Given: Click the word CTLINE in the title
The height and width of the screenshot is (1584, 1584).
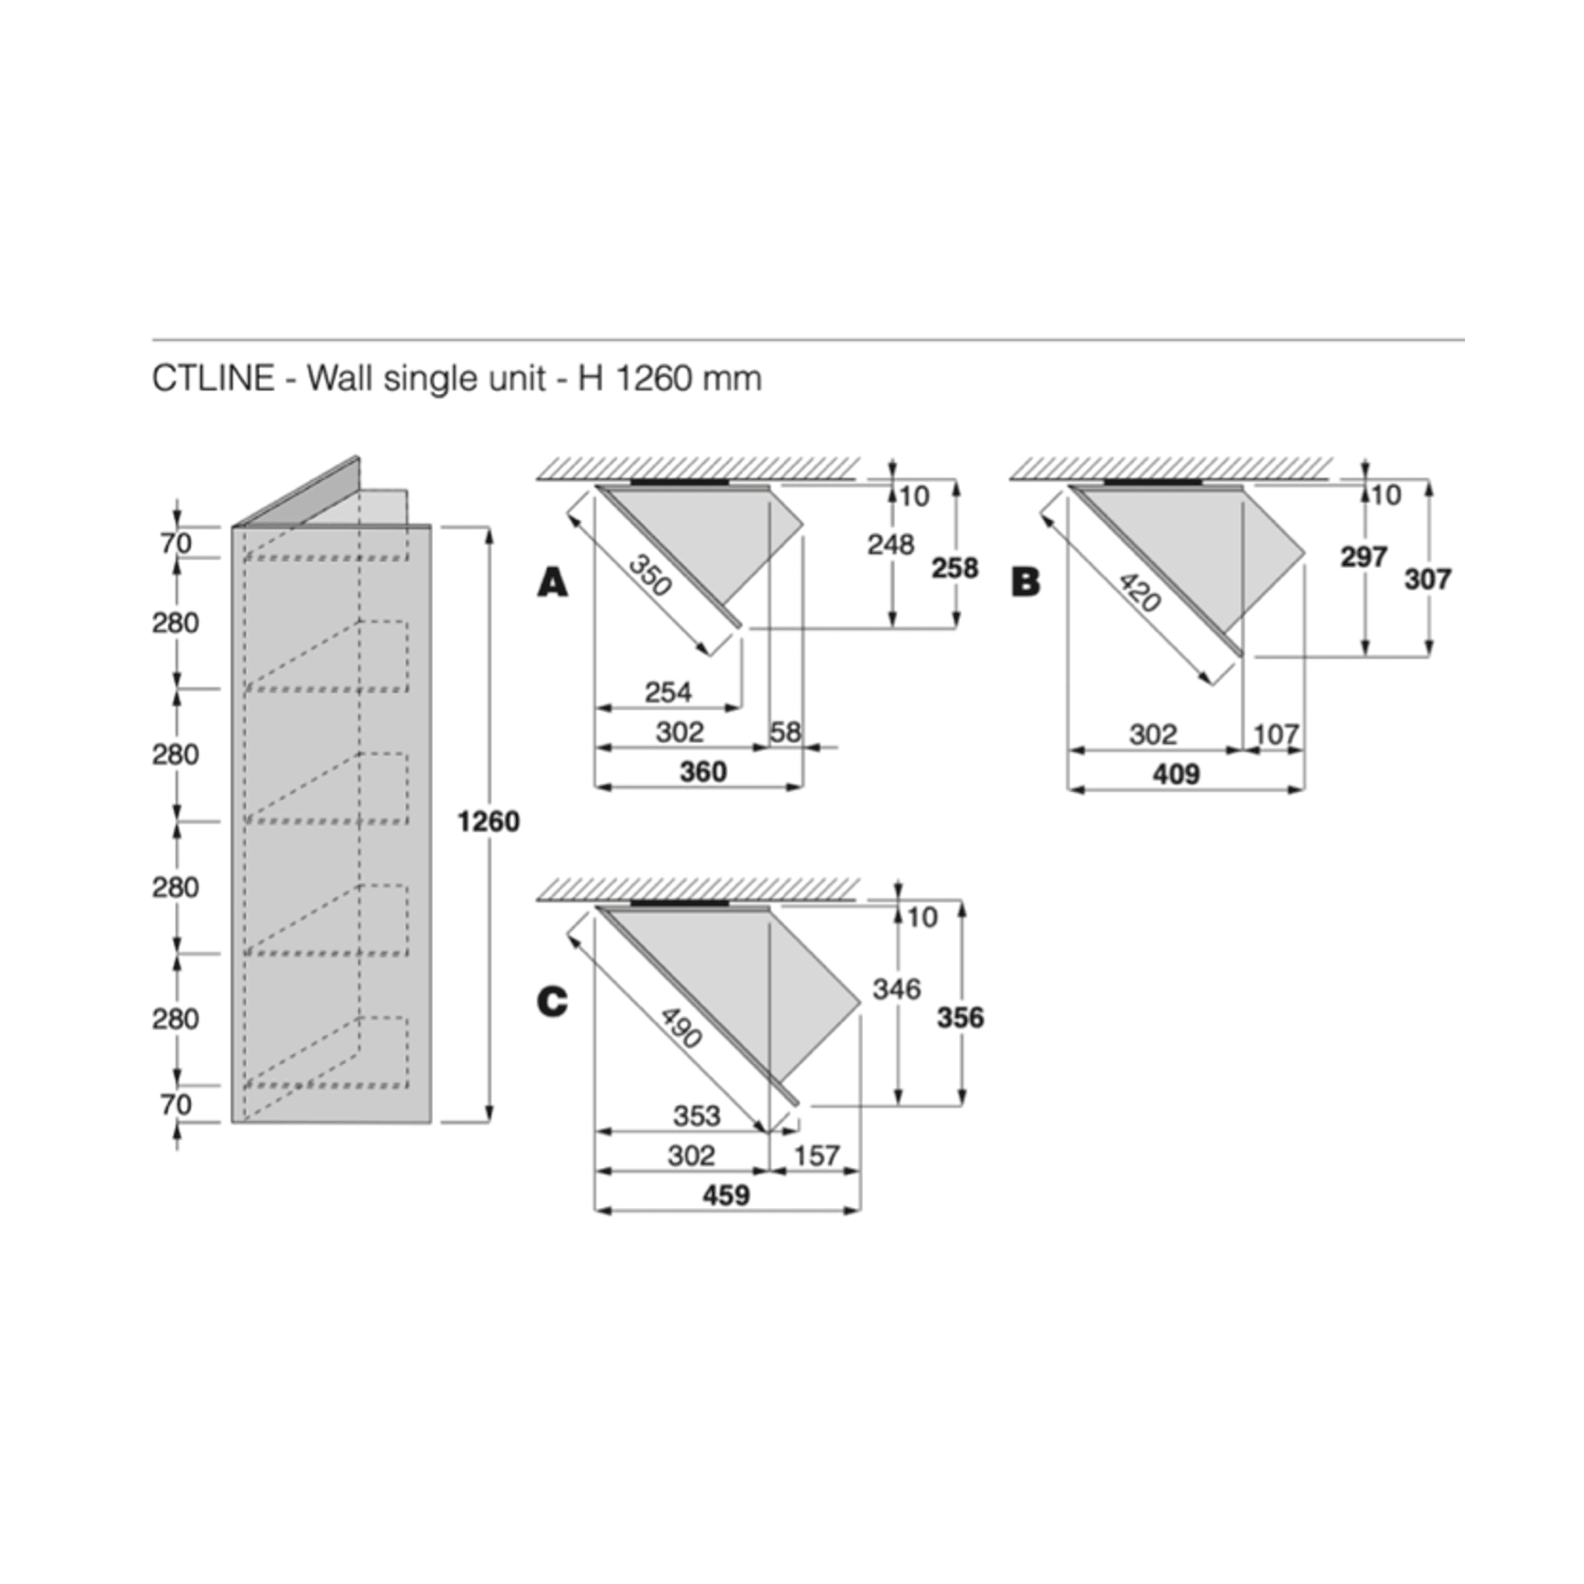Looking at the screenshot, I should [213, 378].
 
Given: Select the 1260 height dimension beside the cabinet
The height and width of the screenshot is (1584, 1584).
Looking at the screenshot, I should [488, 821].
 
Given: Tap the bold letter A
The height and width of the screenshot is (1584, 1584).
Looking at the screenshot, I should [553, 582].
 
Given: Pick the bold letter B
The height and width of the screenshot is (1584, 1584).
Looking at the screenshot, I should [1025, 582].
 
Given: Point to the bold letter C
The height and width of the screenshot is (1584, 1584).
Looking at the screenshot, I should [553, 1002].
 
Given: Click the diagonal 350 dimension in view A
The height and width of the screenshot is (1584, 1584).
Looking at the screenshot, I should [649, 575].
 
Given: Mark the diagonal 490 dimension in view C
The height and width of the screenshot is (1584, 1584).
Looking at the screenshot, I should [680, 1028].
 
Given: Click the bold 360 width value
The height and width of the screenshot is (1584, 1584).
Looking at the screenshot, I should [703, 772].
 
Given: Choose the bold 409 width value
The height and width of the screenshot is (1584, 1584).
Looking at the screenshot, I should [1176, 775].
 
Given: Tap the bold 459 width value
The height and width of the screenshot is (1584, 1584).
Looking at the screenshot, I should [726, 1196].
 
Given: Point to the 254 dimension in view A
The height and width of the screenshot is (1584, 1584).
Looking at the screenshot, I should [668, 692].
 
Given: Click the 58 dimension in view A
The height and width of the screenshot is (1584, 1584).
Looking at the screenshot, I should [784, 732].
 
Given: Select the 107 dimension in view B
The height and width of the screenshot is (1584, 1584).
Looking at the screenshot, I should [1276, 734].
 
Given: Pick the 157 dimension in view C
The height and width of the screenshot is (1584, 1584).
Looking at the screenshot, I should [817, 1156].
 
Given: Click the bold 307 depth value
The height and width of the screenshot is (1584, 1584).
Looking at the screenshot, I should [1427, 578].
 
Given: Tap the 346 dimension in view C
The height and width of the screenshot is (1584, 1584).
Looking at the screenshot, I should [896, 990].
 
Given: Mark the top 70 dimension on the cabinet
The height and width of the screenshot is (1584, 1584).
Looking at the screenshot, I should [176, 542].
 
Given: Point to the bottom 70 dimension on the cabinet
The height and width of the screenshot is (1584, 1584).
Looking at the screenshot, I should [176, 1104].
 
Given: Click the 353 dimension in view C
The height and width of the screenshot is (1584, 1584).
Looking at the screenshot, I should [697, 1115].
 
